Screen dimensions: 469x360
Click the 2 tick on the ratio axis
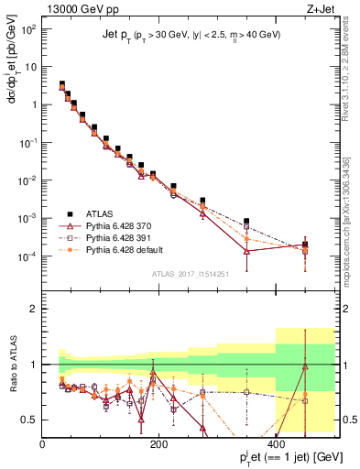33,309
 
